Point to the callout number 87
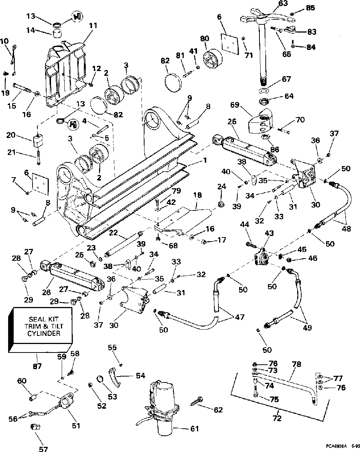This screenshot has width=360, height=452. pos(37,366)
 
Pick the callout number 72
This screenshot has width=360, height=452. pos(277,418)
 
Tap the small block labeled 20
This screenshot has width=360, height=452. pos(38,141)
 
